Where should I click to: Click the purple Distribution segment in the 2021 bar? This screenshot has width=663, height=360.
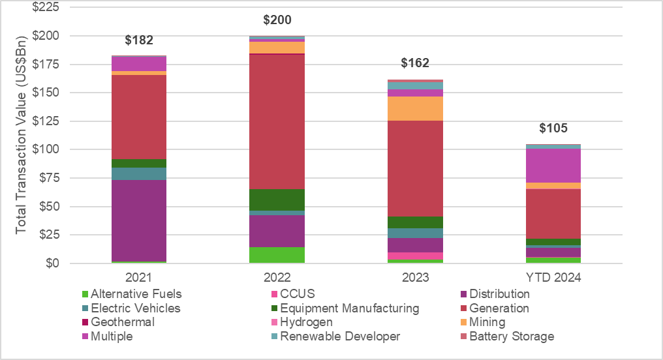coord(138,220)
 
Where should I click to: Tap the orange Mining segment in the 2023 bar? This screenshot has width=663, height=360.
coord(415,108)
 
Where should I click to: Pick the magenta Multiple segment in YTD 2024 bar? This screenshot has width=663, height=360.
coord(553,166)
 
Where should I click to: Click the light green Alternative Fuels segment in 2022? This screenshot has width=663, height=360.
coord(277,255)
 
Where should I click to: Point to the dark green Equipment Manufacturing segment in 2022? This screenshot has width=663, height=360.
coord(277,200)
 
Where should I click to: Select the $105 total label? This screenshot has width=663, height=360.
coord(553,128)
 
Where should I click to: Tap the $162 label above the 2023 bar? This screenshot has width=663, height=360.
coord(415,63)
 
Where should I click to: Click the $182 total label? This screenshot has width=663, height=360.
coord(138,40)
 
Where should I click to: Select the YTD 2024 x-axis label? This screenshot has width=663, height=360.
coord(553,277)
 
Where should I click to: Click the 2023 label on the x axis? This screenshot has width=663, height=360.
coord(415,277)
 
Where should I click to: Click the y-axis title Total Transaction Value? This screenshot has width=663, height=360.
coord(21,136)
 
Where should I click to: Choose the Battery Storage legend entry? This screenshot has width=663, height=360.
coord(511,337)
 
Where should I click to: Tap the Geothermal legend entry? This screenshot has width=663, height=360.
coord(121,322)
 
